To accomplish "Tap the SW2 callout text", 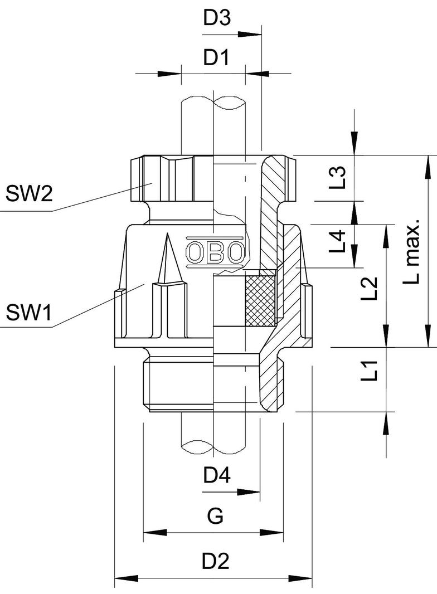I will (x=29, y=194).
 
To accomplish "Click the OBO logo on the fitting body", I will (x=215, y=254).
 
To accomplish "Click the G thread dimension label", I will (x=215, y=517).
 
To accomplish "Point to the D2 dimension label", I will (x=216, y=561).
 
